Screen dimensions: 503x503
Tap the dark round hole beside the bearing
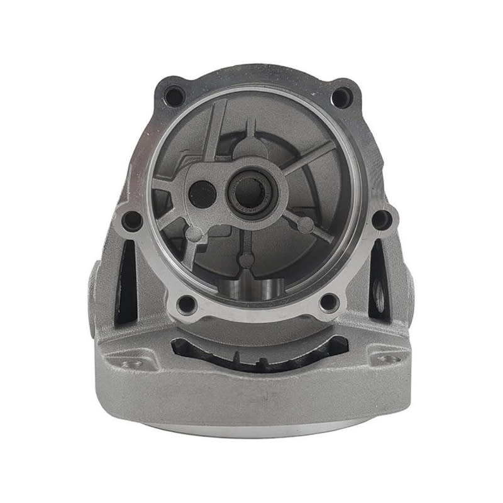pyautogui.click(x=202, y=194)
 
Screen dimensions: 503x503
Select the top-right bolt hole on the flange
pyautogui.click(x=341, y=97)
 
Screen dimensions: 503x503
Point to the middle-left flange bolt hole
pyautogui.click(x=131, y=220)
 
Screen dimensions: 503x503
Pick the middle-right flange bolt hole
pyautogui.click(x=381, y=219)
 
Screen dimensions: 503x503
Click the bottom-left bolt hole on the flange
pyautogui.click(x=187, y=305)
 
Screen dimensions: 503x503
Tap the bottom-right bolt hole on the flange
pyautogui.click(x=328, y=303)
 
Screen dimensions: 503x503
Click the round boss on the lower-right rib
pyautogui.click(x=306, y=225)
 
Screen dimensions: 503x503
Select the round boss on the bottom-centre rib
pyautogui.click(x=247, y=260)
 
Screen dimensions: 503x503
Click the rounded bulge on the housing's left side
pyautogui.click(x=94, y=283)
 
